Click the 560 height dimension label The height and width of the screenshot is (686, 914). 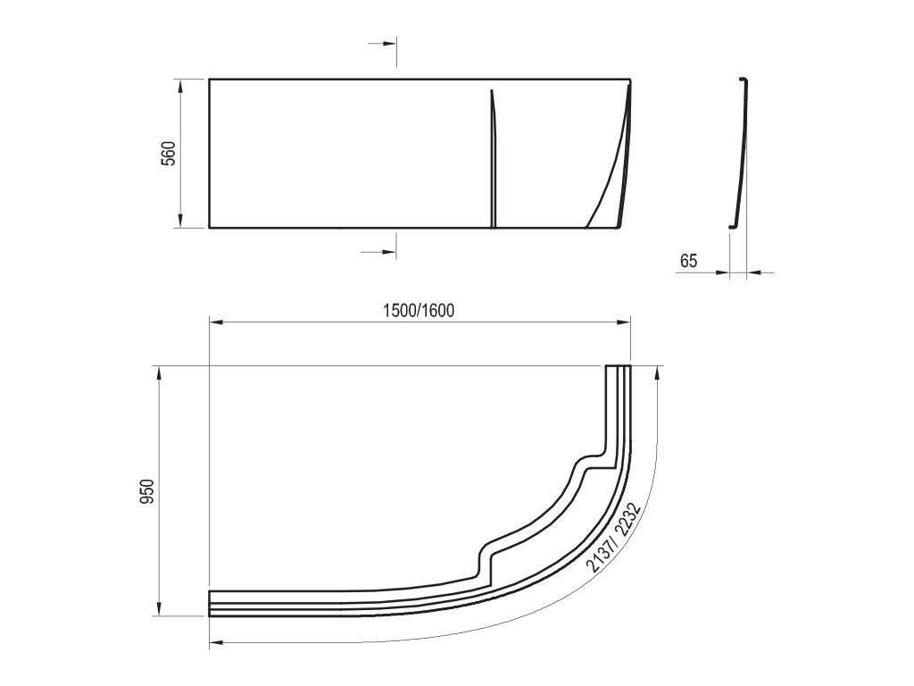pos(168,154)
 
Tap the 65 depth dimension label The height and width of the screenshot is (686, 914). pos(688,261)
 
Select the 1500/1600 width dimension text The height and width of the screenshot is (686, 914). pos(419,310)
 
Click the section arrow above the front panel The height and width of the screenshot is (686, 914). pos(383,44)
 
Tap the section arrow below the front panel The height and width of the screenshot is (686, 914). pos(378,251)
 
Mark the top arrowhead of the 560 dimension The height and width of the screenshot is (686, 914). pos(180,86)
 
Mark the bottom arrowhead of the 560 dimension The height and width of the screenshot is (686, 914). pos(180,220)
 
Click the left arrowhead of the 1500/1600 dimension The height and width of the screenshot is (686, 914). pos(217,322)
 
